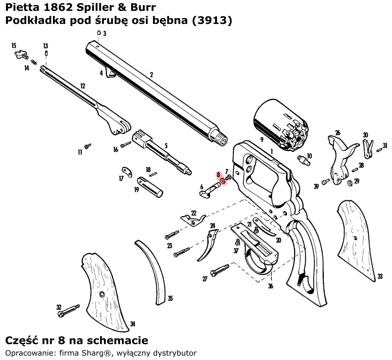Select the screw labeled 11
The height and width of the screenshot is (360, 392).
(88, 146)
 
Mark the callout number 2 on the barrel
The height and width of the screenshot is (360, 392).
(151, 75)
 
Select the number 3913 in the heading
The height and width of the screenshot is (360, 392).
(212, 20)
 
